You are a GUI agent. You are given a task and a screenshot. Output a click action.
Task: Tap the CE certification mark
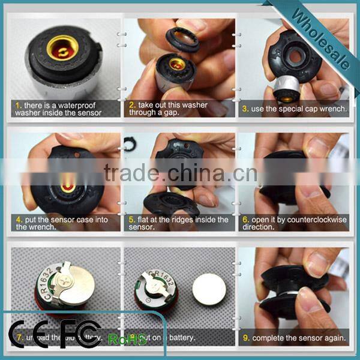(x=28, y=334)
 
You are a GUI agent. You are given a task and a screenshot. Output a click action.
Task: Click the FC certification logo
(x=81, y=334)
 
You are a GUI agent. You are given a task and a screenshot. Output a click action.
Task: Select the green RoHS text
(x=127, y=340)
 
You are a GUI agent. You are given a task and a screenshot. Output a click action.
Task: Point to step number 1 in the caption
(x=17, y=104)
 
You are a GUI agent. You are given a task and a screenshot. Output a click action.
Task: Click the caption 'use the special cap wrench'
(x=294, y=109)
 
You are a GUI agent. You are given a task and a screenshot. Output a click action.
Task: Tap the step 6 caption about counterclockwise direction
(x=294, y=223)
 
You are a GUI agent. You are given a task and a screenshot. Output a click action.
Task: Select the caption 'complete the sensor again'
(x=294, y=338)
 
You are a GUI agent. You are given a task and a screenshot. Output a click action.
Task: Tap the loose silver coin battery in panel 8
(x=209, y=289)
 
